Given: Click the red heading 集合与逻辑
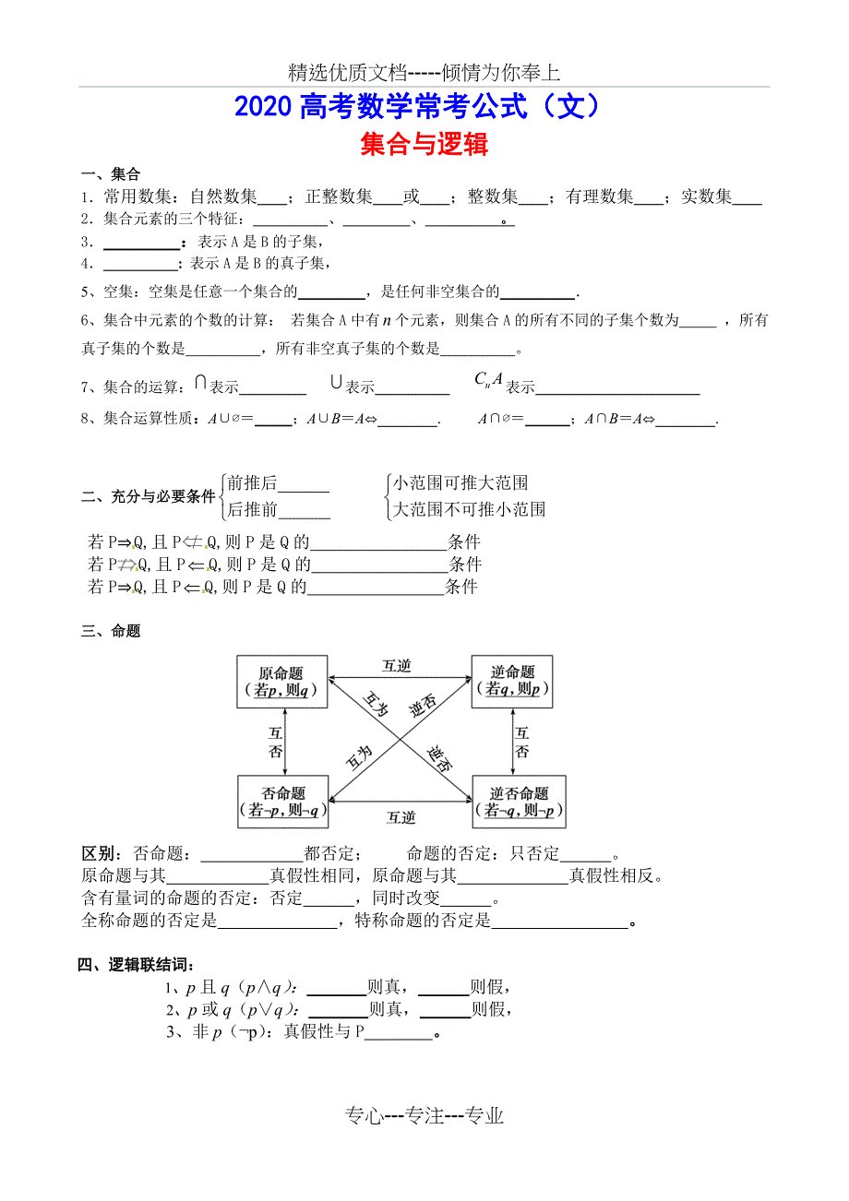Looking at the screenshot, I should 424,144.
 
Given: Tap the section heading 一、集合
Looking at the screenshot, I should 111,175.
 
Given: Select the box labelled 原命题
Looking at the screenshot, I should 281,682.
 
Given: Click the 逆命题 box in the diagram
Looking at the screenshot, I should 512,682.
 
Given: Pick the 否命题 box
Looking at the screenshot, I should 283,802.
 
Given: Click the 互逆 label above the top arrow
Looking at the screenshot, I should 397,666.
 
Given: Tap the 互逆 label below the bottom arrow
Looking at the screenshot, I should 401,817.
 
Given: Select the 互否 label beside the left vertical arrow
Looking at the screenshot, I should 275,743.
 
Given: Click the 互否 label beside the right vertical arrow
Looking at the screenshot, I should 522,743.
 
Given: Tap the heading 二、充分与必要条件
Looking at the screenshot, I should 149,497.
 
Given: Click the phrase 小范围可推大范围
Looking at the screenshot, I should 460,483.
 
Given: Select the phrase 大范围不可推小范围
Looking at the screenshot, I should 469,509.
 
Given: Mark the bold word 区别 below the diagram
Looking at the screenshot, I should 99,855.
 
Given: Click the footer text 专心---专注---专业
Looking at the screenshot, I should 424,1116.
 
